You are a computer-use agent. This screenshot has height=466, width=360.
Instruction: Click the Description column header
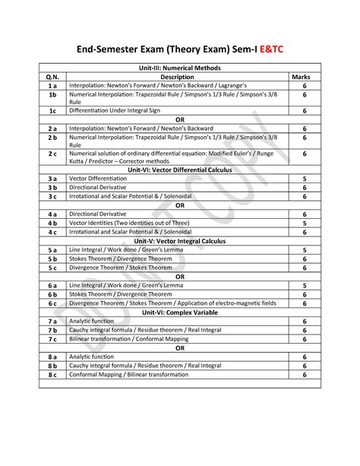177,78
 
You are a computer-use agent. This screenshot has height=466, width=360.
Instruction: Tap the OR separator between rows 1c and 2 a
180,119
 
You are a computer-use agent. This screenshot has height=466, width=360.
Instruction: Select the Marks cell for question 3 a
304,179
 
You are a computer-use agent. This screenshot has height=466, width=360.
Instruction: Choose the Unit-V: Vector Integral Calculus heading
180,241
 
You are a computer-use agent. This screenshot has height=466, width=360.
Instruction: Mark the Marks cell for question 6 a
304,285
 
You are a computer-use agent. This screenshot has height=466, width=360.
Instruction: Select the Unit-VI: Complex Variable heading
180,312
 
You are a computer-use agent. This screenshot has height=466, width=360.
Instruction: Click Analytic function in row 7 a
90,322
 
